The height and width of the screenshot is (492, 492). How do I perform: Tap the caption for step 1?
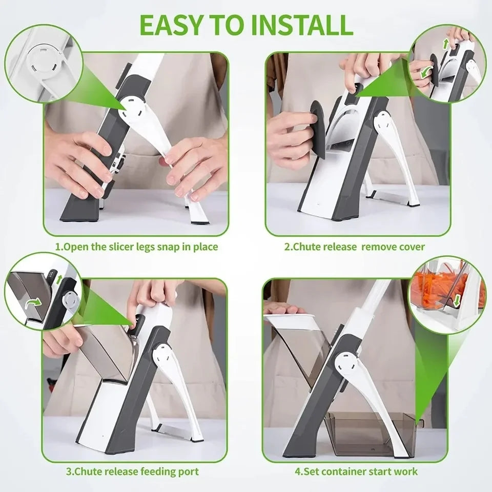pyautogui.click(x=136, y=247)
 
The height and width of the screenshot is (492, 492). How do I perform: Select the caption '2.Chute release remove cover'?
pyautogui.click(x=355, y=247)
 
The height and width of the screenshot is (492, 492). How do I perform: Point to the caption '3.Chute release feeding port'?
pyautogui.click(x=132, y=471)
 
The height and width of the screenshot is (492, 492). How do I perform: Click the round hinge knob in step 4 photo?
pyautogui.click(x=346, y=364)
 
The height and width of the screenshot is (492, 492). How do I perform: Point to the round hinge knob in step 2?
pyautogui.click(x=383, y=122)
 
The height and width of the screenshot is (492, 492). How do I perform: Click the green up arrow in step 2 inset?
pyautogui.click(x=445, y=44)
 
